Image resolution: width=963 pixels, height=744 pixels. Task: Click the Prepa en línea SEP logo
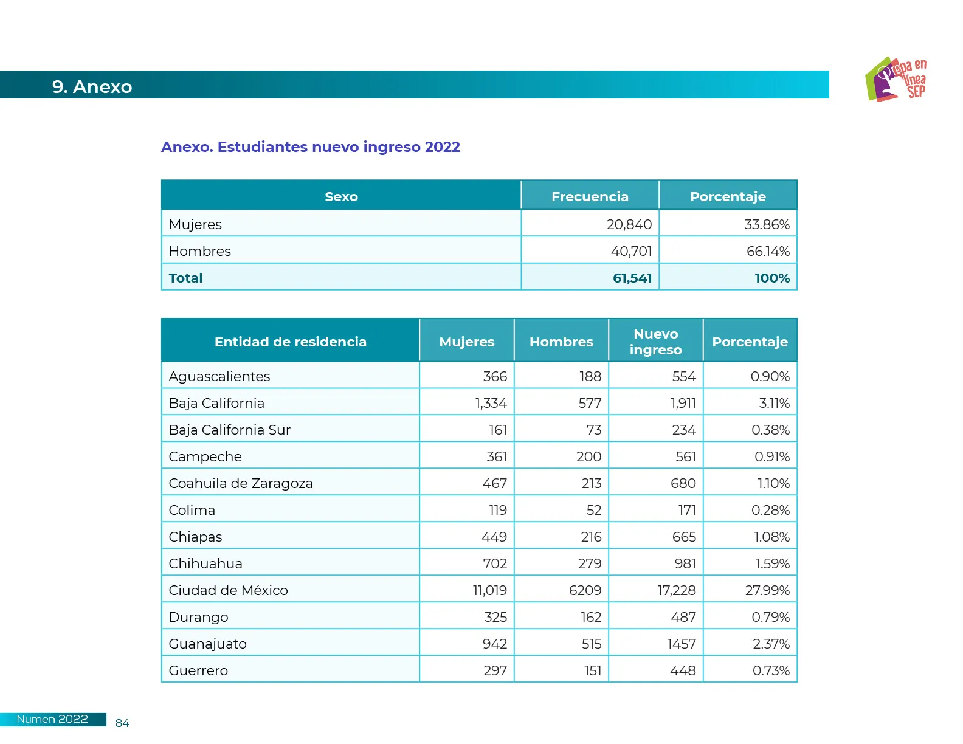click(x=896, y=79)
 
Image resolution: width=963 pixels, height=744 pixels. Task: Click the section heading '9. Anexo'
click(x=92, y=87)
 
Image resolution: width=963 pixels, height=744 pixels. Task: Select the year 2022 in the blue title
click(x=442, y=147)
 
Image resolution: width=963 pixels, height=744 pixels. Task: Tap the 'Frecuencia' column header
click(x=590, y=196)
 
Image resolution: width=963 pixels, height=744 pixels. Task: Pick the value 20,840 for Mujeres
click(x=629, y=224)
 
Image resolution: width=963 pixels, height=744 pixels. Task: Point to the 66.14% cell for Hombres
click(x=768, y=251)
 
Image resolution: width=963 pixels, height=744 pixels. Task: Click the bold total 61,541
click(x=632, y=278)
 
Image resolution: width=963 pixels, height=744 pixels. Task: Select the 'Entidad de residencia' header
click(x=290, y=342)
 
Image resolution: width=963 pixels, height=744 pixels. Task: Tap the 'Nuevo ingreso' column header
click(x=655, y=342)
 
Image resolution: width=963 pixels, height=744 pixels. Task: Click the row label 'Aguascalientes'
click(x=219, y=376)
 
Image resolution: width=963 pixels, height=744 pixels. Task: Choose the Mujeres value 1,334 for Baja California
click(x=491, y=403)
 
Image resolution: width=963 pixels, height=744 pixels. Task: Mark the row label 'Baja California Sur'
click(x=229, y=430)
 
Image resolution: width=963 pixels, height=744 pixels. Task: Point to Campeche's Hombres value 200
click(x=588, y=456)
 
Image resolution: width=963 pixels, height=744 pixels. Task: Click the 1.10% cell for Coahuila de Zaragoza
click(x=773, y=483)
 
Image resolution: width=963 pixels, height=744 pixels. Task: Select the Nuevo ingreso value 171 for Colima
click(x=687, y=510)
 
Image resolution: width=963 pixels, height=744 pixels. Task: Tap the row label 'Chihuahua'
click(x=205, y=563)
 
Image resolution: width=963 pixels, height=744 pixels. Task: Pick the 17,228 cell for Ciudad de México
click(x=676, y=590)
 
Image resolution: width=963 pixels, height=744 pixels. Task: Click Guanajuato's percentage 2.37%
click(x=771, y=644)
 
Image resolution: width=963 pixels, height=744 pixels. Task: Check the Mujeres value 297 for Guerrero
click(x=495, y=670)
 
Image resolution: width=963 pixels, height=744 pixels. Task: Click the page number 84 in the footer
click(x=122, y=723)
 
